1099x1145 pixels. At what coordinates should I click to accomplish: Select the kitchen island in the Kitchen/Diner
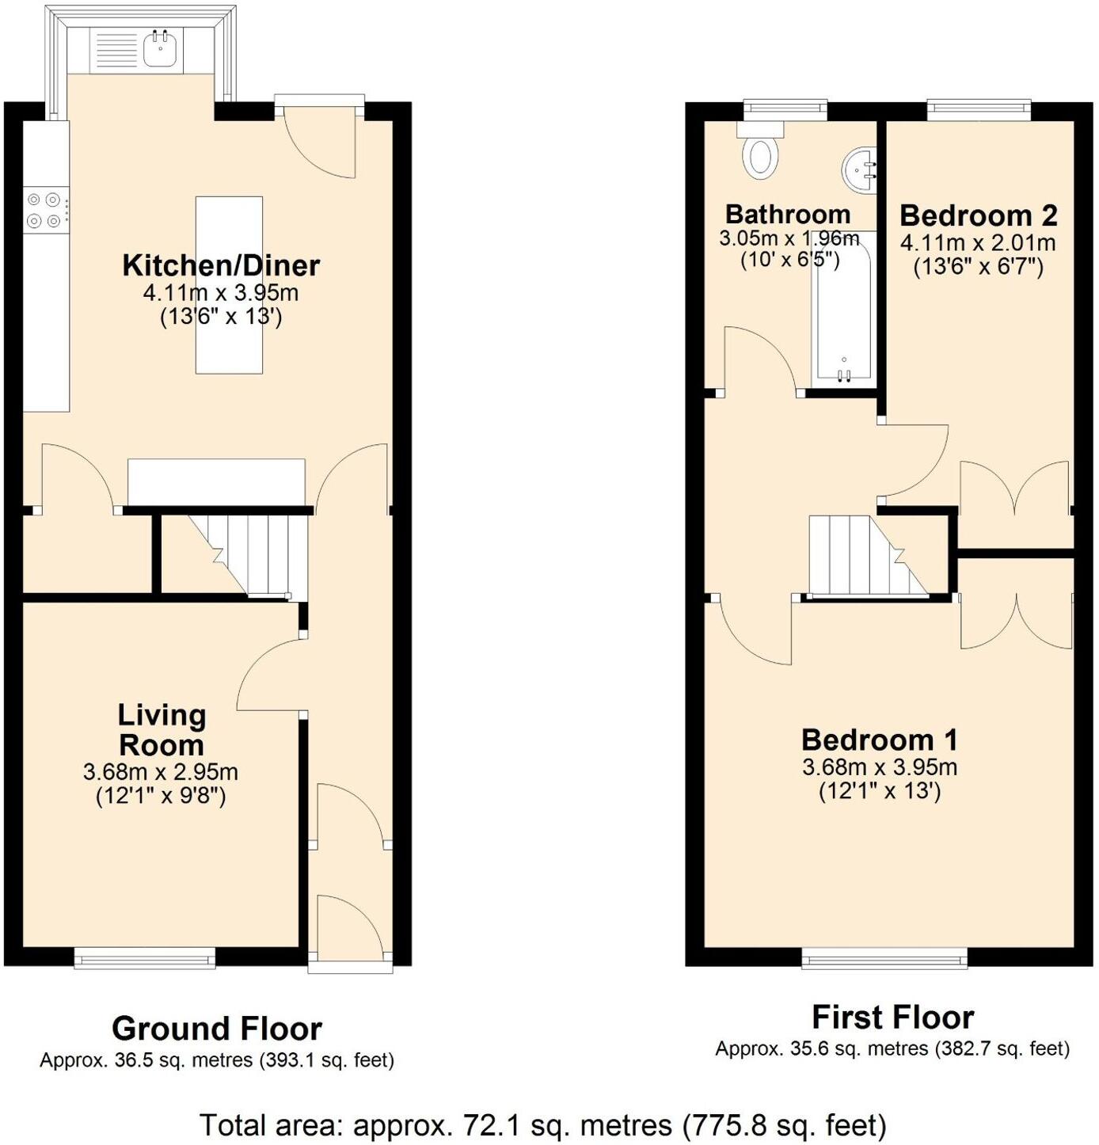[x=229, y=284]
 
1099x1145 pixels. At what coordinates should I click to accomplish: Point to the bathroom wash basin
[x=859, y=169]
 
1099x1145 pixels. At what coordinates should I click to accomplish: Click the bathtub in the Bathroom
[x=844, y=309]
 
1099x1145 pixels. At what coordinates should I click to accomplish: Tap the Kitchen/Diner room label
[x=221, y=265]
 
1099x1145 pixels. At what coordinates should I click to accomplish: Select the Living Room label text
[x=162, y=729]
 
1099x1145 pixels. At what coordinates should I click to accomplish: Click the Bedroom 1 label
[x=879, y=740]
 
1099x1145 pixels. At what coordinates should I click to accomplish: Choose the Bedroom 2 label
[x=978, y=215]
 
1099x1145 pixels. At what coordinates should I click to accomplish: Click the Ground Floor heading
[x=216, y=1029]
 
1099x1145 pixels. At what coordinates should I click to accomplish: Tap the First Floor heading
[x=892, y=1017]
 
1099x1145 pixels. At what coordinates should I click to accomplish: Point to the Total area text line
[x=542, y=1124]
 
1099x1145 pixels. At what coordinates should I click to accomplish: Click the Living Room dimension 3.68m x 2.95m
[x=161, y=772]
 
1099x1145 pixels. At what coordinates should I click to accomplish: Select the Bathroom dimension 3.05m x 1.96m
[x=789, y=238]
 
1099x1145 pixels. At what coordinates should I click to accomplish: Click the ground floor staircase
[x=245, y=553]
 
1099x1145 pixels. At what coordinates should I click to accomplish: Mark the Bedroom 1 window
[x=884, y=958]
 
